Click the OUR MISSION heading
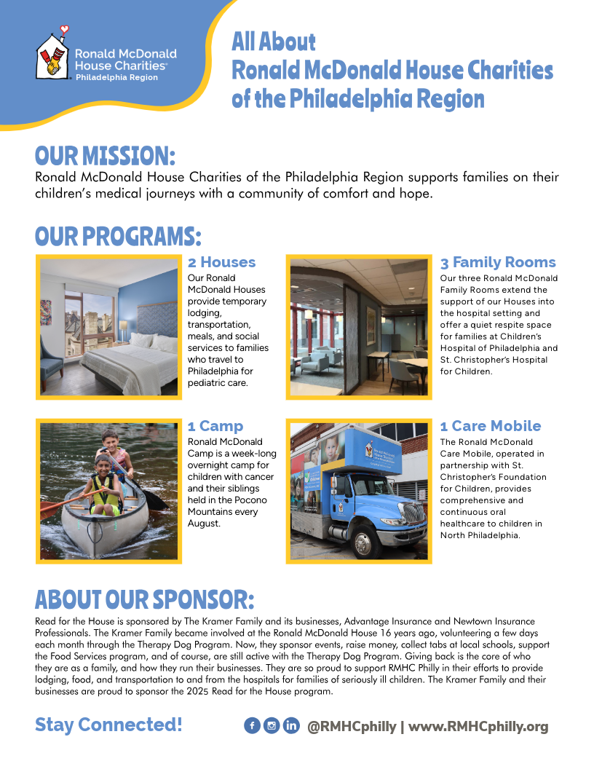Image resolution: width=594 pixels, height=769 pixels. (x=106, y=157)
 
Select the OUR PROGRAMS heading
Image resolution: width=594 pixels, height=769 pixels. (x=118, y=237)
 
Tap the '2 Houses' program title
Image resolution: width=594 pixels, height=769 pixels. (x=221, y=262)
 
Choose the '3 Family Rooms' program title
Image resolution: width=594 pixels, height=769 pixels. (x=498, y=262)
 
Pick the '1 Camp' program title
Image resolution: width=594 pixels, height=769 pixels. (x=215, y=426)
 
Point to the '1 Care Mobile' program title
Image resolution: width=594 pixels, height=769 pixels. (x=491, y=426)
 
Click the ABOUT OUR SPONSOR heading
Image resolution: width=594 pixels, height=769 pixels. (x=145, y=599)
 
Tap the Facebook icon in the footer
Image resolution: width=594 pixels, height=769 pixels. (x=252, y=726)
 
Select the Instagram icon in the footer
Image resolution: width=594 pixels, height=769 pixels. (x=272, y=726)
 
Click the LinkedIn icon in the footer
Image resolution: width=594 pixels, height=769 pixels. (x=291, y=726)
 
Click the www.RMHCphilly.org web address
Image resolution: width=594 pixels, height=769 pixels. (x=478, y=727)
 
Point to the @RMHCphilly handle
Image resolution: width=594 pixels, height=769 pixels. (x=352, y=727)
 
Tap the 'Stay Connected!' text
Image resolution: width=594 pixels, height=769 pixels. (x=108, y=725)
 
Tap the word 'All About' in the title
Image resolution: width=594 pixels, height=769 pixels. (x=274, y=42)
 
